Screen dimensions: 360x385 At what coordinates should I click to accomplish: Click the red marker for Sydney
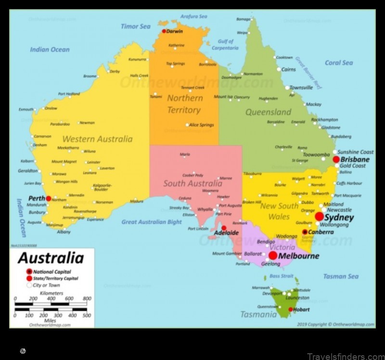tap(320, 217)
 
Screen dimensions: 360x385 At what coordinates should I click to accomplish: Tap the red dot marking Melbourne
tap(273, 255)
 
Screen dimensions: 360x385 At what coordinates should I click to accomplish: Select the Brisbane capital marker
tap(336, 159)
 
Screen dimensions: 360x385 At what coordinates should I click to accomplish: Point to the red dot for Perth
tap(49, 198)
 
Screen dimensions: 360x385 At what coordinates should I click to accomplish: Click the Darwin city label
tap(175, 31)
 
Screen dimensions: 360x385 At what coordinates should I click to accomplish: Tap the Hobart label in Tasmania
tap(301, 310)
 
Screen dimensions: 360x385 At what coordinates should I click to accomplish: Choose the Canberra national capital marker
tap(305, 232)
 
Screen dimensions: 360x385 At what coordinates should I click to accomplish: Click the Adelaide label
tap(226, 233)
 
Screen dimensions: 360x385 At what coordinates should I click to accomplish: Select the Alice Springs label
tap(201, 125)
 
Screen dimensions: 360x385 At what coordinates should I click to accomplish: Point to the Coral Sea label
tap(339, 62)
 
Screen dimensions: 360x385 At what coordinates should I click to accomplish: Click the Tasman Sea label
tap(341, 276)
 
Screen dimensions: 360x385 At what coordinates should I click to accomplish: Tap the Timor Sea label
tap(136, 26)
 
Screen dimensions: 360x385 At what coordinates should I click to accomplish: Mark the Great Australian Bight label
tap(152, 222)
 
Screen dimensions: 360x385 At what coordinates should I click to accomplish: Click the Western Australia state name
tap(98, 139)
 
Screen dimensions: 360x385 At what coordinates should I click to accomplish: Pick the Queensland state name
tap(268, 112)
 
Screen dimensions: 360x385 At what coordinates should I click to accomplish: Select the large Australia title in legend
tap(51, 258)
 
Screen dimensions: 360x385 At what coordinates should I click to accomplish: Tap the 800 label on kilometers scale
tap(87, 298)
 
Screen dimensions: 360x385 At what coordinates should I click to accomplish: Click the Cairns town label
tap(288, 69)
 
